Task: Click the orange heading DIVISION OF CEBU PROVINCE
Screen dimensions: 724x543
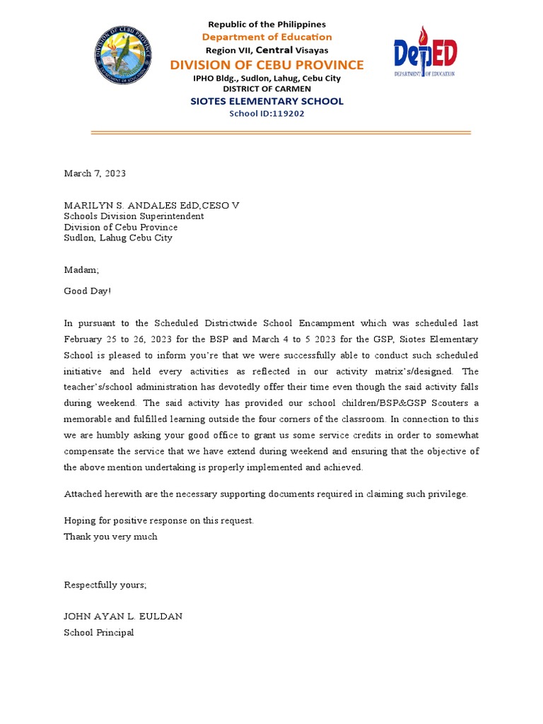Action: (267, 65)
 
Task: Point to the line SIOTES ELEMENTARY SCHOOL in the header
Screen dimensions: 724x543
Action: (267, 101)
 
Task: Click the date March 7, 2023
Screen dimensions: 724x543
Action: (95, 173)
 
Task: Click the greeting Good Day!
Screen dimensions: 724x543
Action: (87, 291)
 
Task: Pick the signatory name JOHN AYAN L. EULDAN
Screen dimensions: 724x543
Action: (123, 616)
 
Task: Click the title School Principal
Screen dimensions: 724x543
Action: (98, 633)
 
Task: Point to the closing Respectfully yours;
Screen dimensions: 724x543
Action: (105, 585)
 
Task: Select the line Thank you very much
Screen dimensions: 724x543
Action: (110, 537)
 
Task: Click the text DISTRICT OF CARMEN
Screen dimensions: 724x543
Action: (267, 89)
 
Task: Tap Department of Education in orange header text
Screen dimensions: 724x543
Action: (267, 37)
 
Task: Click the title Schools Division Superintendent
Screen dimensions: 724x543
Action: (134, 216)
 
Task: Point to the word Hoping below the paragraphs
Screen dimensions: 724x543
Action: (80, 520)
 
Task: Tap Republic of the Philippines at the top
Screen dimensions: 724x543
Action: (267, 24)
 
